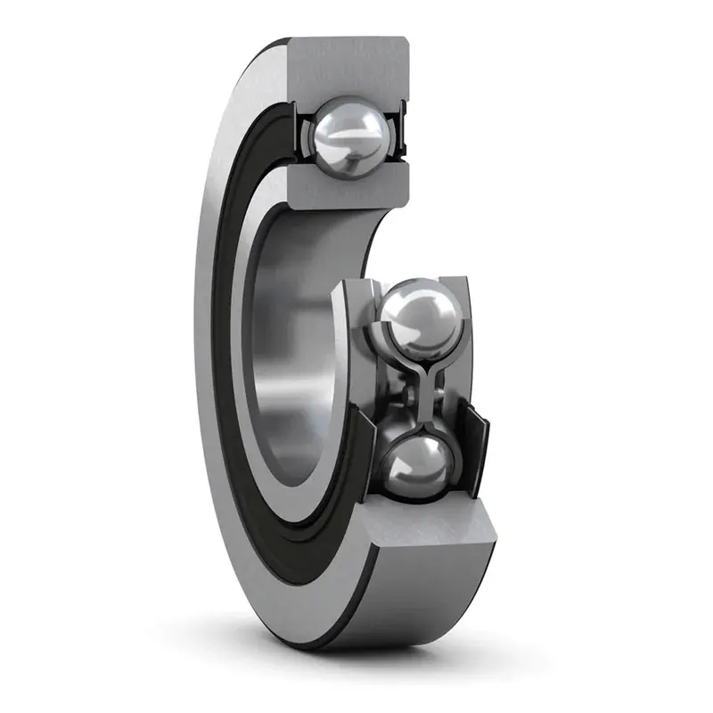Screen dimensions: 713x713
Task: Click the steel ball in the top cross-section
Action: point(349,137)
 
